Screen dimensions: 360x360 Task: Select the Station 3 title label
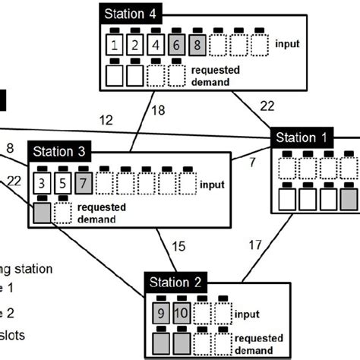58,150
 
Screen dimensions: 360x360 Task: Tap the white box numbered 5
63,182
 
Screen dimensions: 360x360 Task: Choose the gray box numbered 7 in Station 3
84,182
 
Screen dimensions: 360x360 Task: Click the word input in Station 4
287,44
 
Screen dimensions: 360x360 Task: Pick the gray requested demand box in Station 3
42,212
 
